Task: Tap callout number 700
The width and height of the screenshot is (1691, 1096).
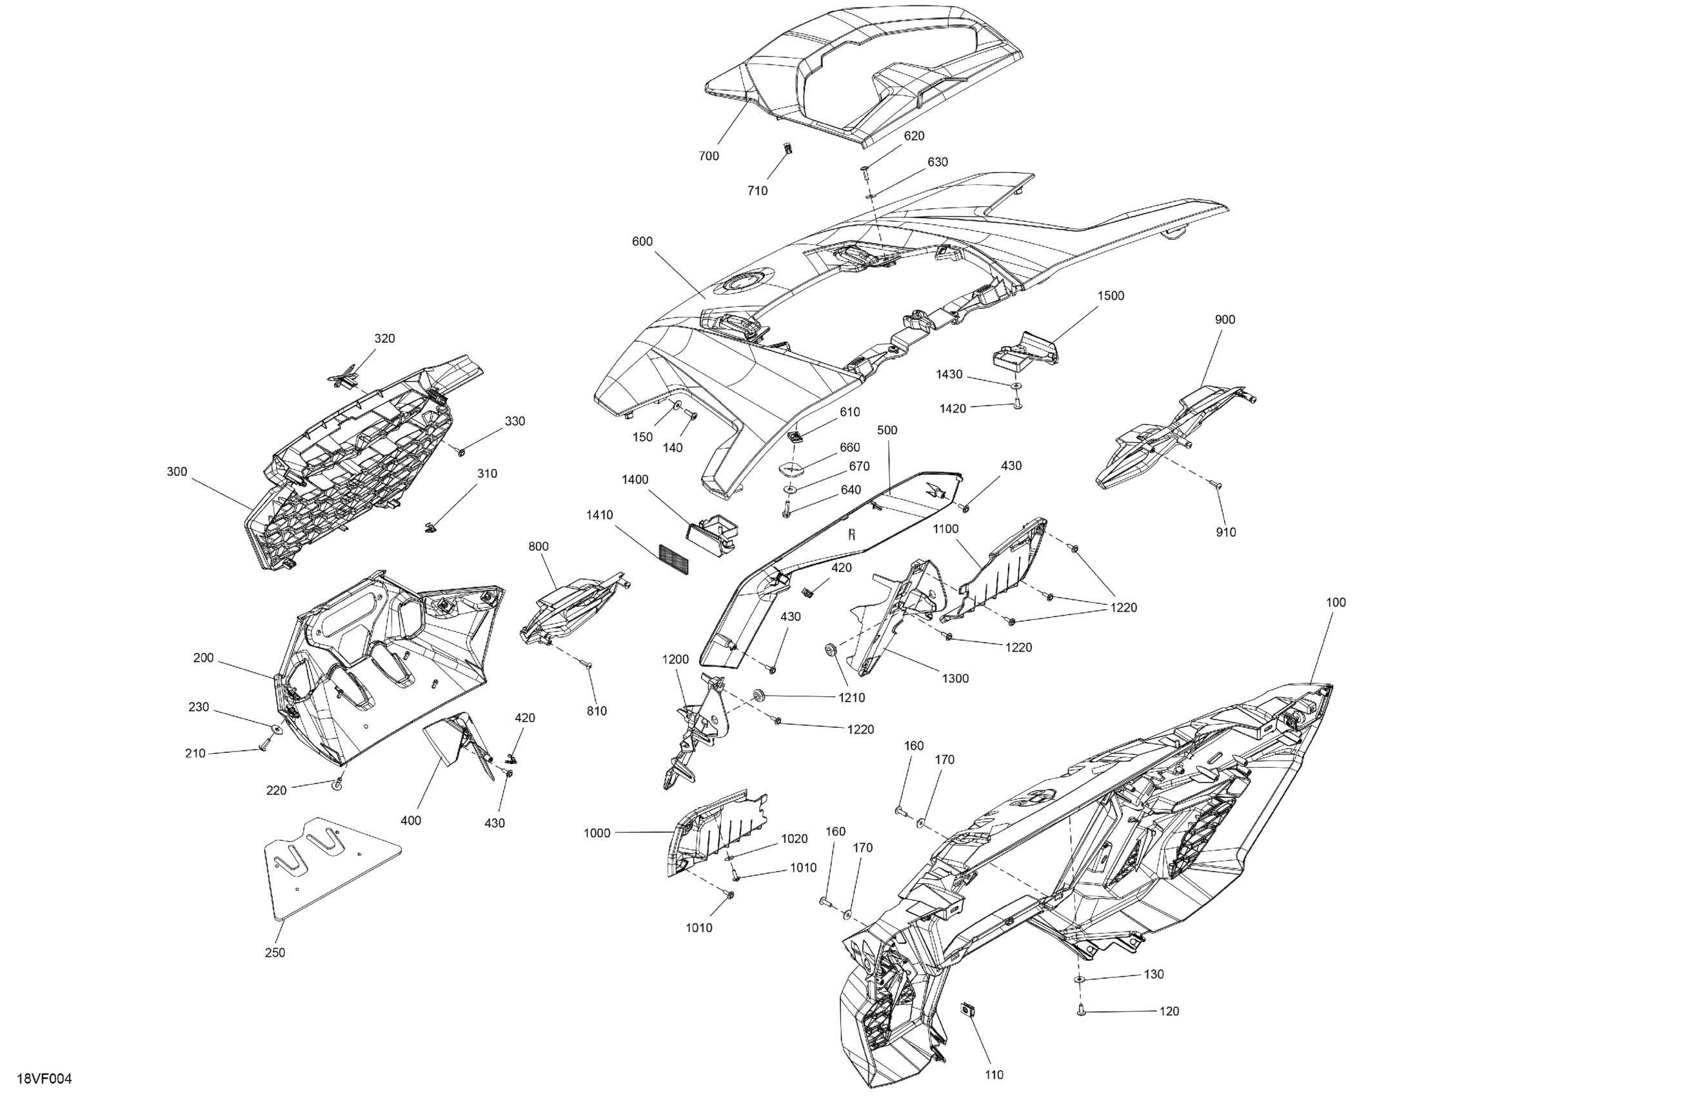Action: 708,156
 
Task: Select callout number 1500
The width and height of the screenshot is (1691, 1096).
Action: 1111,295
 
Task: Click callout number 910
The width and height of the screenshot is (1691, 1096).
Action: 1225,532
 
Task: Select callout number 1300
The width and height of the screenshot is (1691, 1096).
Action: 955,678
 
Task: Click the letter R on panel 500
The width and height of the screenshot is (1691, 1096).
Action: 851,534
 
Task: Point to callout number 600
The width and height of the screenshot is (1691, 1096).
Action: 642,242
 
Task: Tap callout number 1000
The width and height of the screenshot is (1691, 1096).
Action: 597,833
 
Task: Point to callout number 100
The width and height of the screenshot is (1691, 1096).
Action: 1336,602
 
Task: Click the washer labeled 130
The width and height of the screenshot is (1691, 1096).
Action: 1079,979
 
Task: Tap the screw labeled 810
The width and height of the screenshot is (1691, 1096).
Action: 588,664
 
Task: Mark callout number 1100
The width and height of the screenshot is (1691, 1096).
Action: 945,529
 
